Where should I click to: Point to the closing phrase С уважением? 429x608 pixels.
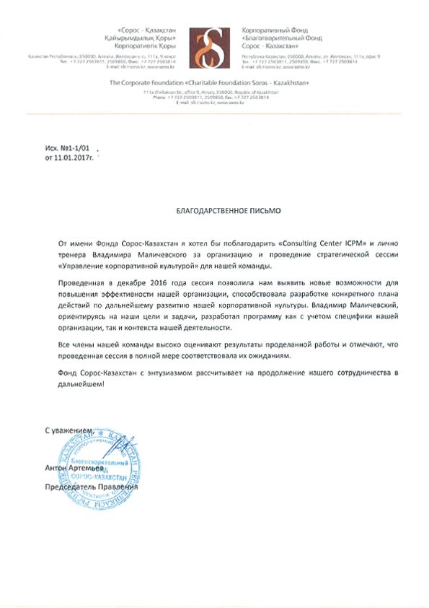click(68, 430)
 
